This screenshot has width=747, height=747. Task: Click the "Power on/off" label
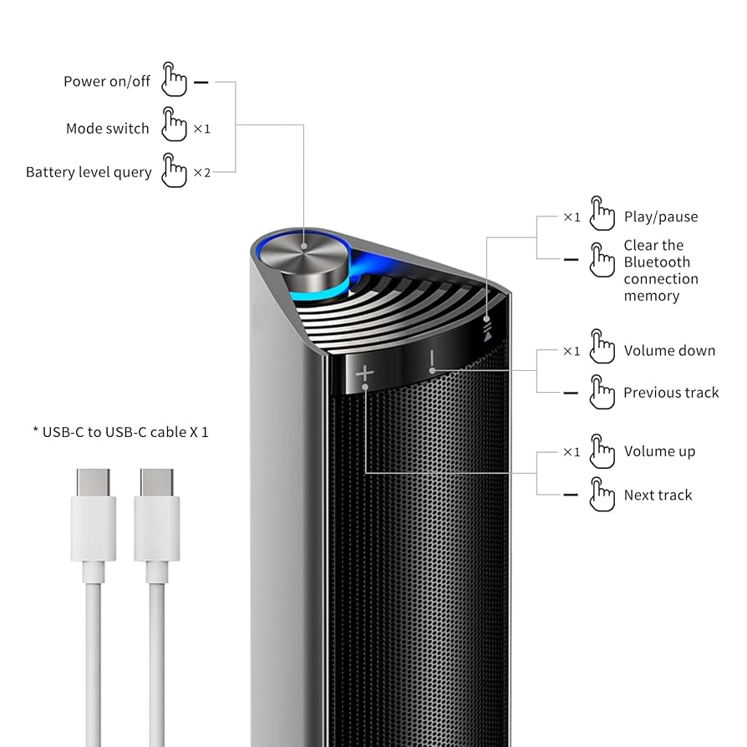pos(107,82)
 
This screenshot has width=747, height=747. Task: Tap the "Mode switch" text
pos(107,129)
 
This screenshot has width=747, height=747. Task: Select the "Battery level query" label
pos(89,173)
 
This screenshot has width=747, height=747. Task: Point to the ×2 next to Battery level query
pos(202,173)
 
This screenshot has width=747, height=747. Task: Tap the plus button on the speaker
pos(364,373)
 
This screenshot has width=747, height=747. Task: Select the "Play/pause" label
pos(660,217)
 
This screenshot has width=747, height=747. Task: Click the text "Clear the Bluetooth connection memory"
pos(660,270)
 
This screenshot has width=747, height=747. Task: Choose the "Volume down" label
pos(669,351)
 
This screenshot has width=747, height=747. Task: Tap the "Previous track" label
pos(671,393)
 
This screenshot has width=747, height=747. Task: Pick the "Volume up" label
pos(659,452)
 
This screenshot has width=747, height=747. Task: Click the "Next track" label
pos(658,495)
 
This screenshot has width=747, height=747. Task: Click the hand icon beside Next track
pos(602,494)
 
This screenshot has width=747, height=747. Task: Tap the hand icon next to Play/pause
pos(602,213)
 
